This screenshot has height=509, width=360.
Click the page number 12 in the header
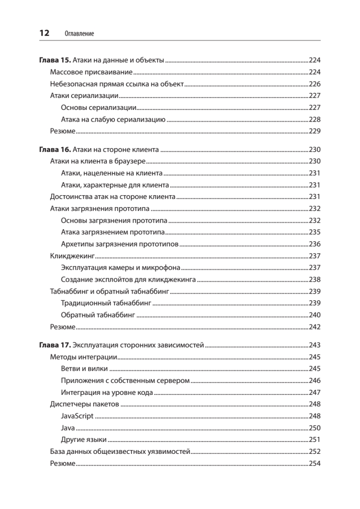pos(44,33)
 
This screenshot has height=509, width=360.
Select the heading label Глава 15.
pos(52,60)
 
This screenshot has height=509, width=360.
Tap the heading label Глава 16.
pos(52,149)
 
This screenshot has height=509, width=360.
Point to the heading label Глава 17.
pos(52,345)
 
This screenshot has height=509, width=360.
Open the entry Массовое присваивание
pos(91,72)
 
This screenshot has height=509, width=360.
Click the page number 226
pos(314,84)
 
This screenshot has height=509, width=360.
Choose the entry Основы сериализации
pos(98,107)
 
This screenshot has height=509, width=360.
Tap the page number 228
pos(314,119)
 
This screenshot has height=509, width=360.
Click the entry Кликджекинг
pos(72,256)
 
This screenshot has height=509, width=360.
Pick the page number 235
pos(314,232)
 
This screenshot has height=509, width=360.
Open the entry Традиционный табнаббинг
pos(106,303)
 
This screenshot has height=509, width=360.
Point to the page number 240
pos(314,315)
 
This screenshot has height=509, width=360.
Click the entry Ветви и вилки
pos(84,369)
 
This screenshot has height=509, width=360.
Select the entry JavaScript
pos(77,416)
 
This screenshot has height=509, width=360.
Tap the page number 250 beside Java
pos(314,428)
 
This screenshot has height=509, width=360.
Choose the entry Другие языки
pos(84,440)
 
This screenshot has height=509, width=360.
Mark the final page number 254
pos(314,464)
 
